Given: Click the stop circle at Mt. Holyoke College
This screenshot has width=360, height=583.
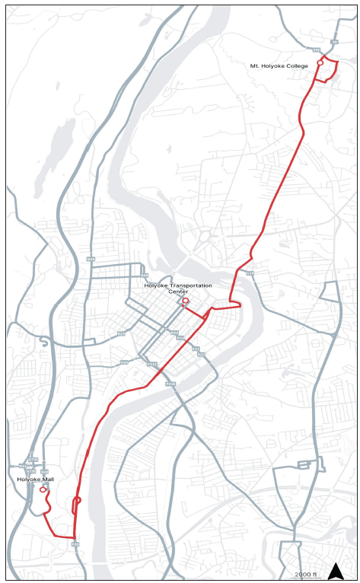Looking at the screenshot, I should pos(320,62).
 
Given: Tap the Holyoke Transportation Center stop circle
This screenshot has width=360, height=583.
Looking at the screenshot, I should pos(186,301).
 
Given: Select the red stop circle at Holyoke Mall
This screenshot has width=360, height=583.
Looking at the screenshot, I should pos(43,489).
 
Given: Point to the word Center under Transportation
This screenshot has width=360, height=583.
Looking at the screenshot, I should pos(177,291).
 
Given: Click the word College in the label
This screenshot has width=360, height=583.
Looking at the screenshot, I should pos(298,66).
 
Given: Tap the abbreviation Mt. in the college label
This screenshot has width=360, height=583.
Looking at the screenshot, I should pos(254,66).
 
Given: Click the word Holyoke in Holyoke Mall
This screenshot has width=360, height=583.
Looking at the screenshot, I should pos(27,479).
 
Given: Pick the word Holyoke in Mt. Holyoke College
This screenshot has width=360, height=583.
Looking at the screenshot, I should pos(272,66).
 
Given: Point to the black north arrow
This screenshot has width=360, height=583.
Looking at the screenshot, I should pos(336,571).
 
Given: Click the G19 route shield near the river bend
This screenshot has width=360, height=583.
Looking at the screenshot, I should pos(250,272).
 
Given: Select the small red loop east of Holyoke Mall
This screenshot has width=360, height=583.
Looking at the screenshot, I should pos(77,501).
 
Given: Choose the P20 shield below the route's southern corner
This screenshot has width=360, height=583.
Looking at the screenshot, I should pos(75,544).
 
